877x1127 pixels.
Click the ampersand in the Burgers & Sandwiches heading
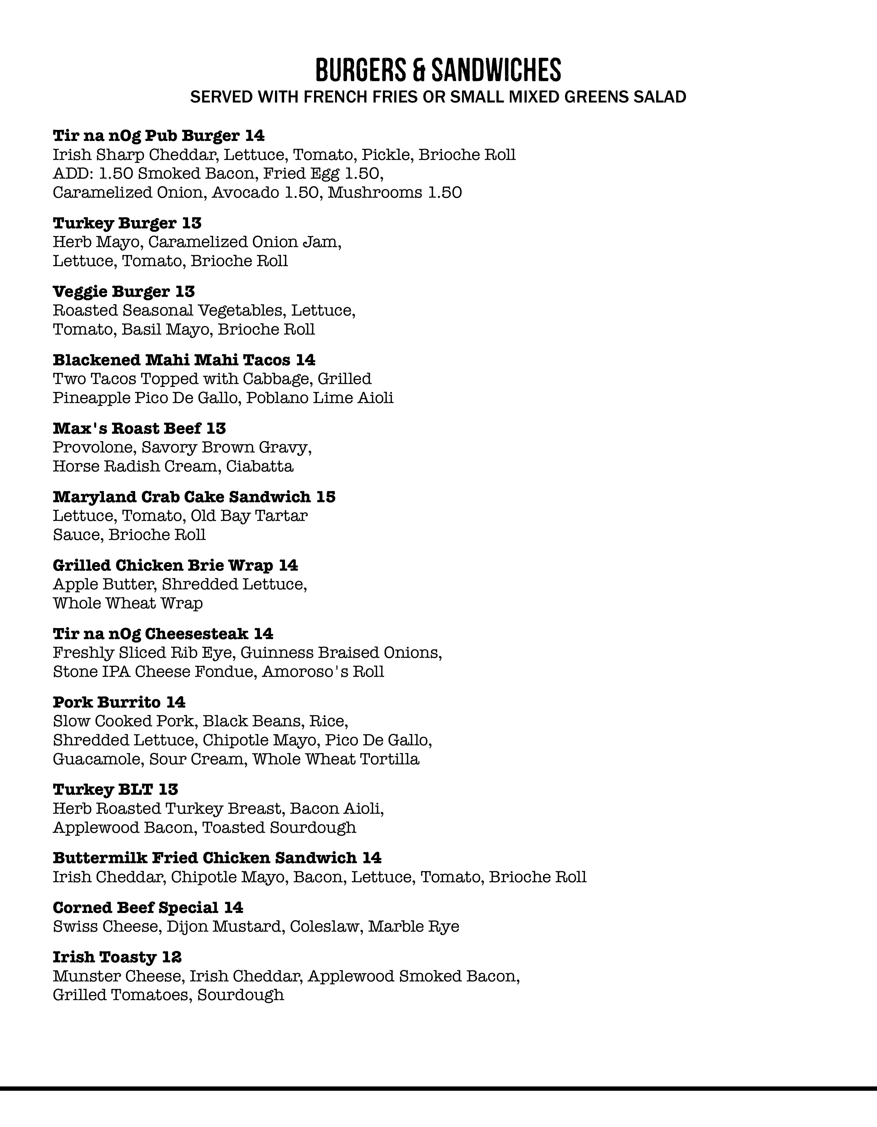tap(419, 71)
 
